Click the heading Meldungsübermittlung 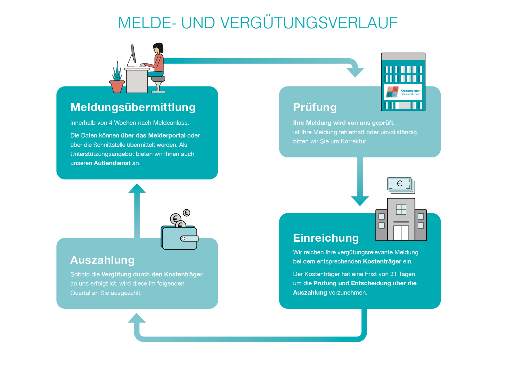133,107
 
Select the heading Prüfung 315,107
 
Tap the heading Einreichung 326,238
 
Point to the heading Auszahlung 102,260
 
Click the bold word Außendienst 112,163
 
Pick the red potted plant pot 117,86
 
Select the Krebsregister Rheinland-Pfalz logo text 410,92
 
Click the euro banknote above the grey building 400,184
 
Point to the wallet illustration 179,238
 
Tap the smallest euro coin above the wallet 187,213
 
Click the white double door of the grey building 401,233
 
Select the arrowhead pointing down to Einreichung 360,201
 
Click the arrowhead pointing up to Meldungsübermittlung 137,188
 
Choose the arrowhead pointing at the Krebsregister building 355,72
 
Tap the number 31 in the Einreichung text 393,274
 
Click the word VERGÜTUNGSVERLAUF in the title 309,23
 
